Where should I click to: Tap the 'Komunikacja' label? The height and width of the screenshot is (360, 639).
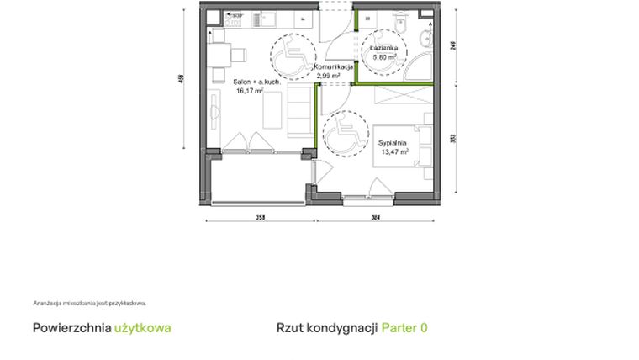(338, 66)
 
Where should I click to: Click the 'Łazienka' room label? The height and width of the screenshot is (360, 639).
(384, 49)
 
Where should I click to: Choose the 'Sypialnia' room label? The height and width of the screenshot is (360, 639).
(393, 143)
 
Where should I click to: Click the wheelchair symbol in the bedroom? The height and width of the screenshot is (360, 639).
(346, 133)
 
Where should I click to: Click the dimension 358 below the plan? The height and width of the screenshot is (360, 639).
(260, 218)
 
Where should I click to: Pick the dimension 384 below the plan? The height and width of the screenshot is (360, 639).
(375, 218)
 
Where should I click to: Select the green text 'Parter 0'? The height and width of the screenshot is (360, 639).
(404, 328)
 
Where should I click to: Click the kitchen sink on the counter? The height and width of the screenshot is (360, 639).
(268, 17)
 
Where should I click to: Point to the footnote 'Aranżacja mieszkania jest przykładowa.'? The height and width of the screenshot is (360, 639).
(90, 303)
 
